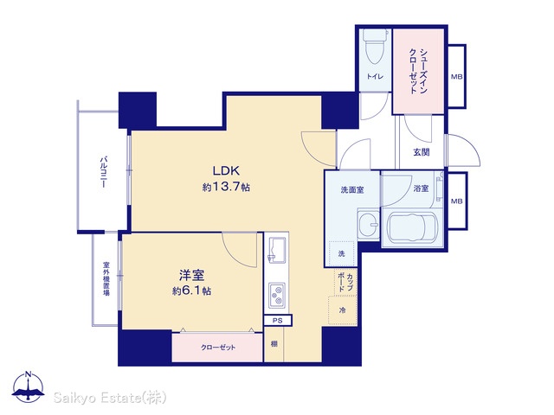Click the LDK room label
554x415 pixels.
click(x=226, y=171)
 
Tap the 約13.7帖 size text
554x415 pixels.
click(x=226, y=187)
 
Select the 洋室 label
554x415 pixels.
click(x=192, y=275)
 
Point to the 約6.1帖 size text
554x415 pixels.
click(x=192, y=290)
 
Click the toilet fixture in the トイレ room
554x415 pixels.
click(x=375, y=47)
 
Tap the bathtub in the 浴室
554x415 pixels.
click(x=413, y=227)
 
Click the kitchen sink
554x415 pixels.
click(x=277, y=250)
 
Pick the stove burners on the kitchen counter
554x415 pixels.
click(x=277, y=295)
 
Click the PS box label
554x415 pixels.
click(x=278, y=321)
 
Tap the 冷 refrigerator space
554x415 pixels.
click(x=342, y=310)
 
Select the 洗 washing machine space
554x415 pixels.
click(x=341, y=253)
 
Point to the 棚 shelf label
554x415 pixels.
click(x=274, y=344)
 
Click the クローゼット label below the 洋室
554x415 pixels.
click(x=218, y=348)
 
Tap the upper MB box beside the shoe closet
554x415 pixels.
click(x=456, y=76)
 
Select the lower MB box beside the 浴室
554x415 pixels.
click(x=457, y=201)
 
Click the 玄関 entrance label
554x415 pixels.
click(x=422, y=152)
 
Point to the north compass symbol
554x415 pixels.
click(x=28, y=387)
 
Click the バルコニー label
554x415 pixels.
click(x=104, y=172)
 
